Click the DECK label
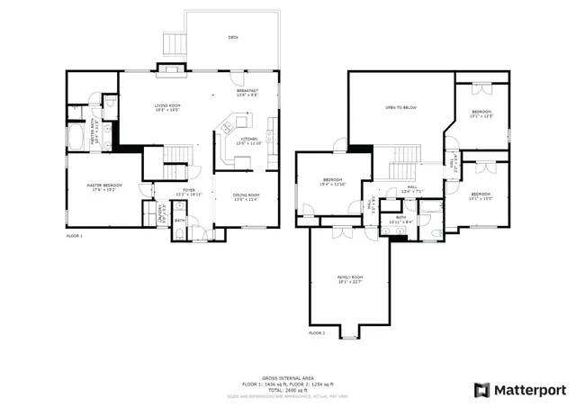click(233, 37)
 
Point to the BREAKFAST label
click(247, 92)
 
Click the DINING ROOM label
click(247, 196)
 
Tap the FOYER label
click(189, 191)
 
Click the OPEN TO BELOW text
click(400, 107)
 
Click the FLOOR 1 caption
click(75, 236)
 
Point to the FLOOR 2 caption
click(317, 333)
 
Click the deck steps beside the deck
click(173, 42)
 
